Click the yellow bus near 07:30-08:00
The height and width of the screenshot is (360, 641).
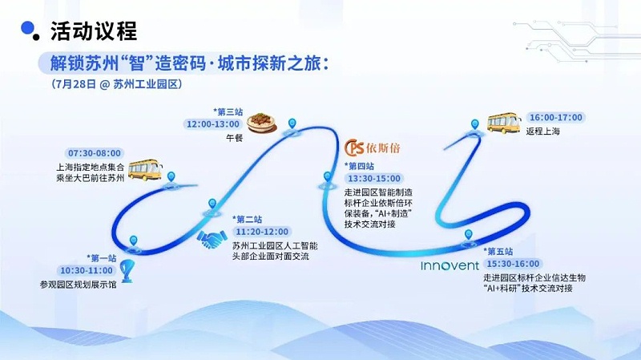click(145, 169)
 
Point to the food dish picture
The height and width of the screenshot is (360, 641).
click(260, 123)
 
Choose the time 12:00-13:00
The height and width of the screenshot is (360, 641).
click(213, 124)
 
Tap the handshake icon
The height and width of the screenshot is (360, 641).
click(212, 239)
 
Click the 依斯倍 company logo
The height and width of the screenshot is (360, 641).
click(376, 149)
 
